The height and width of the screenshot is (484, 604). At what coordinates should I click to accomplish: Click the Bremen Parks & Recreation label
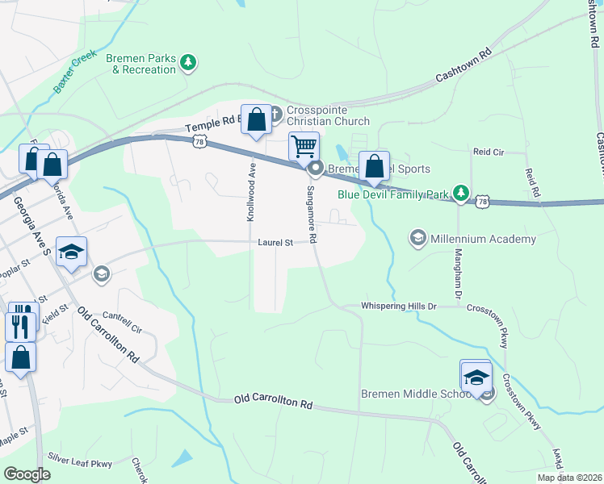tap(143, 64)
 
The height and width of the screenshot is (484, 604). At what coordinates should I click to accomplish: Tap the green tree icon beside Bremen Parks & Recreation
tap(188, 62)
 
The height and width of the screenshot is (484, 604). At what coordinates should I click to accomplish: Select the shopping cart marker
tap(304, 147)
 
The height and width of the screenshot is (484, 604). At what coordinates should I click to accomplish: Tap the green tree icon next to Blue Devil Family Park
tap(460, 192)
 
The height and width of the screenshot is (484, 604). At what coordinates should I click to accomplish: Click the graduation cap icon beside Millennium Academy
tap(418, 237)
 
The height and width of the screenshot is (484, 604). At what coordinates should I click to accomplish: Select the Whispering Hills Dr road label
tap(399, 307)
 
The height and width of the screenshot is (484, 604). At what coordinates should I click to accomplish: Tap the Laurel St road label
tap(274, 240)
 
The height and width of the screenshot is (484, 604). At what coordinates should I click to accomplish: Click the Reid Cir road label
tap(489, 151)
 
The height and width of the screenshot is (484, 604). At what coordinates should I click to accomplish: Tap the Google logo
tap(27, 474)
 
